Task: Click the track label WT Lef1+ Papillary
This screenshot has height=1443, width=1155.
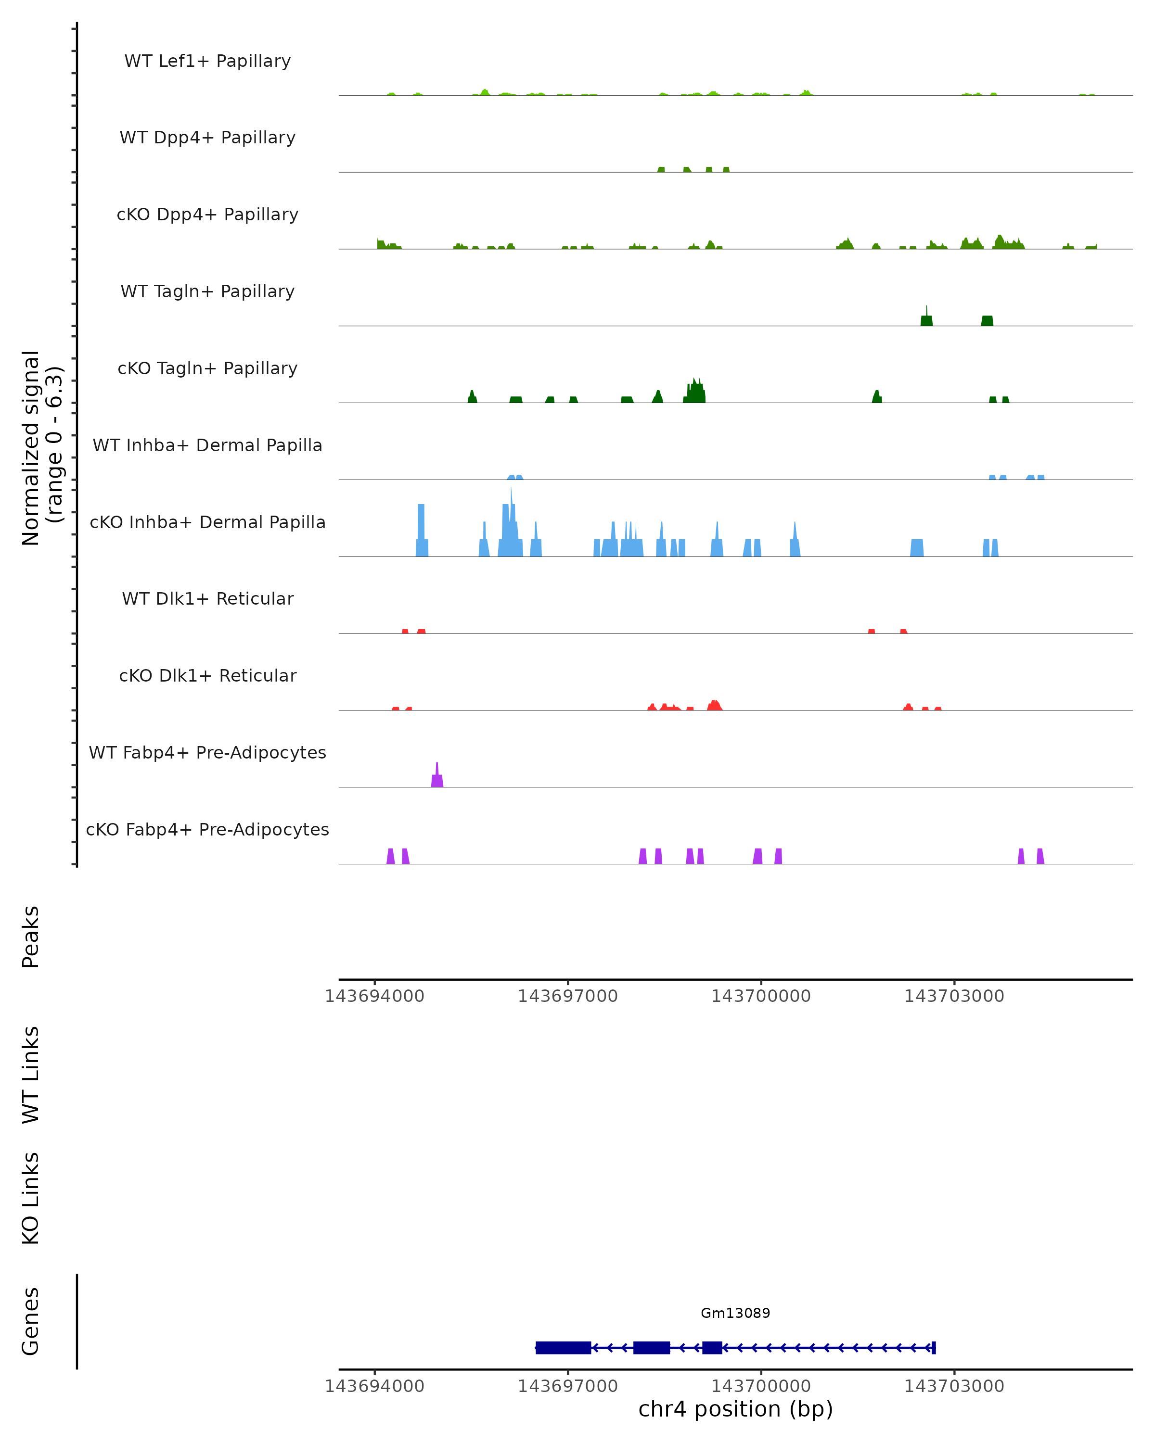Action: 207,61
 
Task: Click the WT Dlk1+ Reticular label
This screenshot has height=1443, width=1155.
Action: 207,598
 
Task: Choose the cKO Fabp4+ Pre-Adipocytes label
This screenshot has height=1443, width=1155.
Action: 207,829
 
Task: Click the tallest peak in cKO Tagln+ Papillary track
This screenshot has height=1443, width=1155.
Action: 695,392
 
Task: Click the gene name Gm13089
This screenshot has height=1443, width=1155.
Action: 735,1313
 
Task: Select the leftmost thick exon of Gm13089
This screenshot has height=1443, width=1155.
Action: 563,1347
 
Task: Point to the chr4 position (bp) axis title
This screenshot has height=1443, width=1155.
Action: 735,1409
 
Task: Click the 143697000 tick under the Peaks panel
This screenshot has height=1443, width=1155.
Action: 568,996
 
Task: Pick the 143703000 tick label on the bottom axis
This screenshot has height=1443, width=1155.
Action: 954,1386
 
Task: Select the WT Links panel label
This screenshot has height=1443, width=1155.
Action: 31,1074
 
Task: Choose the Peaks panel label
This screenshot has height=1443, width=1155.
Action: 31,937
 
